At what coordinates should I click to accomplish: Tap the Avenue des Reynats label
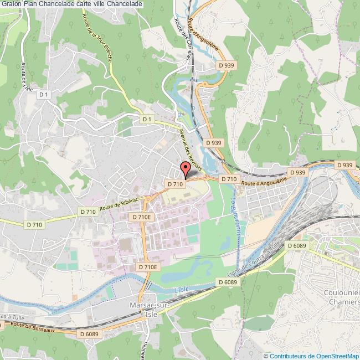tap(188, 146)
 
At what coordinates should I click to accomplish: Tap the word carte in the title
tap(84, 4)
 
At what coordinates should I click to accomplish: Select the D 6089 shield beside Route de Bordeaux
tap(89, 334)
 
